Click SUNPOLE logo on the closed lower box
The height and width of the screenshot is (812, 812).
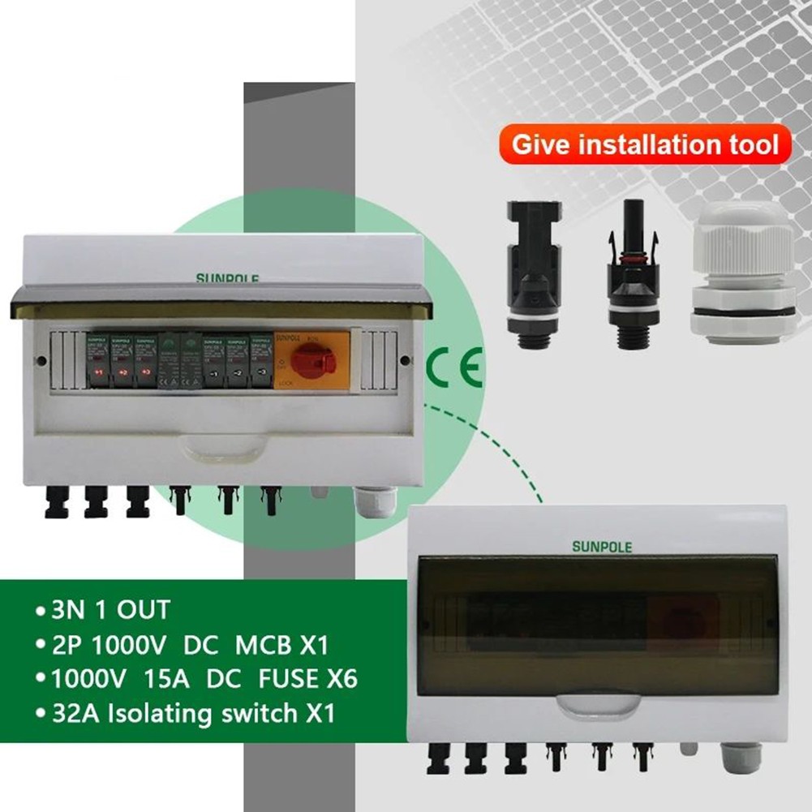(x=601, y=546)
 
